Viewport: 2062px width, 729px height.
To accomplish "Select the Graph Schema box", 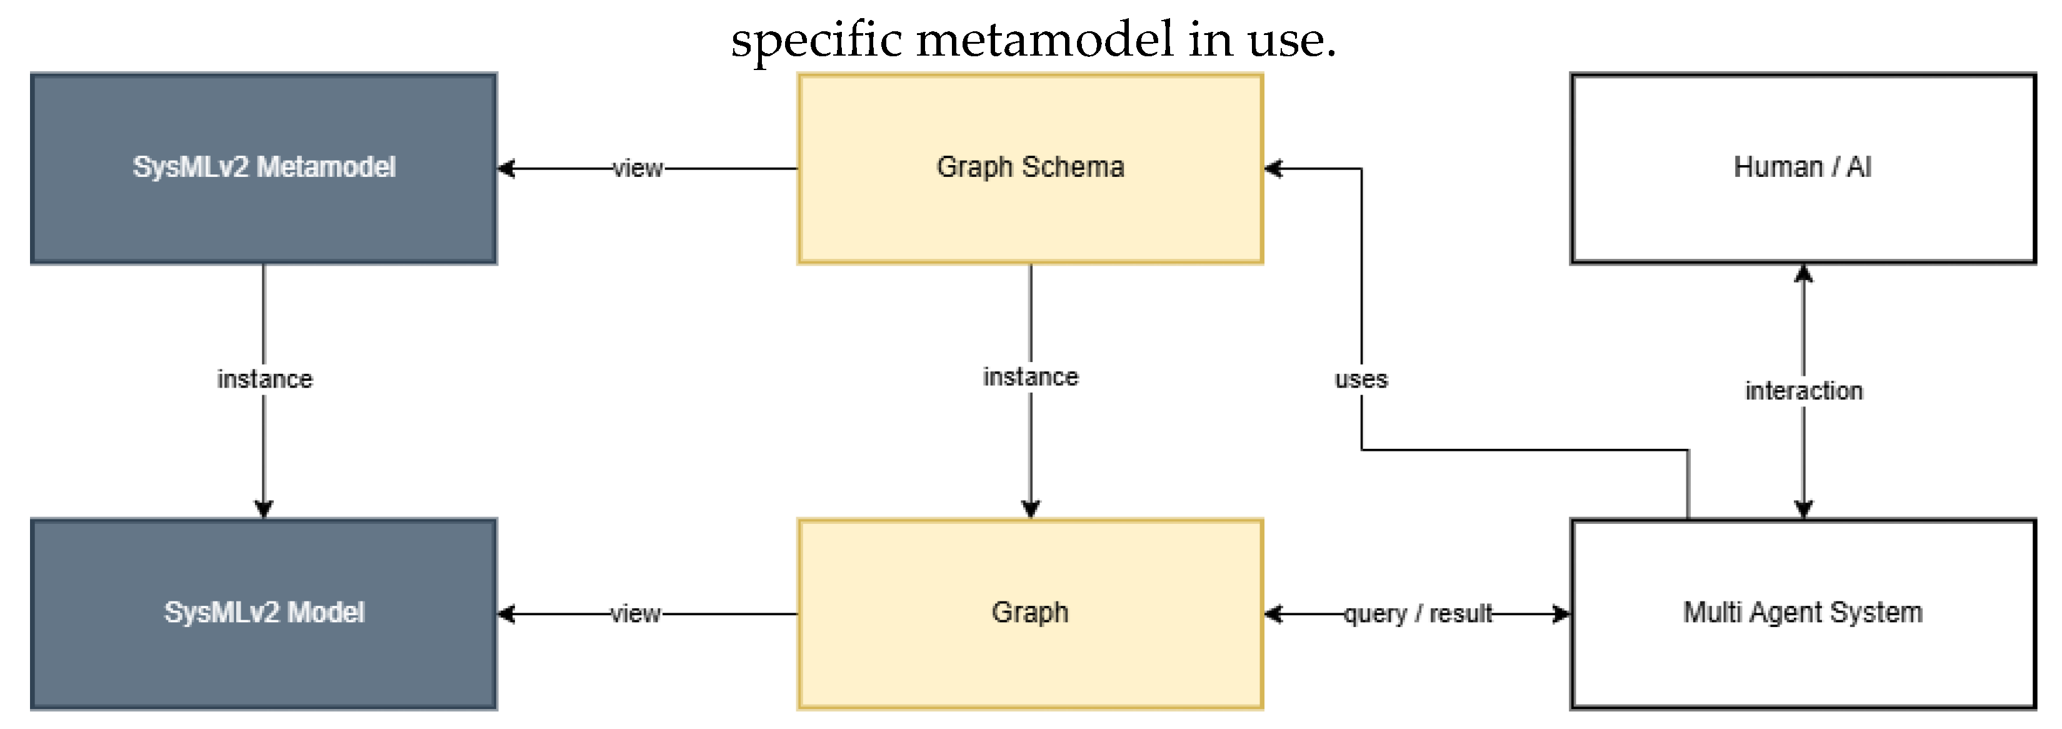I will [1030, 168].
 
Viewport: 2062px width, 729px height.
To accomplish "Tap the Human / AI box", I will [1803, 168].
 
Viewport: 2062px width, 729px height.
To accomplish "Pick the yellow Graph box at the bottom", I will [1030, 613].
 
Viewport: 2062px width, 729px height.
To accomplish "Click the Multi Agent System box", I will [1803, 613].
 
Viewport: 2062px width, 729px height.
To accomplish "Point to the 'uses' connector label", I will [1361, 379].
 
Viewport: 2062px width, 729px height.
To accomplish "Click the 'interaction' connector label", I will [1803, 391].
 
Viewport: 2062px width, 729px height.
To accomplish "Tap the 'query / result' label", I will [1418, 613].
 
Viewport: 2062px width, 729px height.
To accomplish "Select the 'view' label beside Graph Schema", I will [638, 168].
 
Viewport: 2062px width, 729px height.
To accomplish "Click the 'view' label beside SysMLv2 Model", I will [636, 613].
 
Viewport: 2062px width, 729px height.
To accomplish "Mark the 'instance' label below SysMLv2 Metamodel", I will [264, 379].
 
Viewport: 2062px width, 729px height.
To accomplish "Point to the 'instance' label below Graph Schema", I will [1030, 376].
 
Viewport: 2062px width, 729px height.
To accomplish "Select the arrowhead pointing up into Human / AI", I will [1803, 274].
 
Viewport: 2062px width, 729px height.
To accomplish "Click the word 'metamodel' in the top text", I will [1044, 40].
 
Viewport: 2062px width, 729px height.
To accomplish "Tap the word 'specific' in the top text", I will [816, 40].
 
